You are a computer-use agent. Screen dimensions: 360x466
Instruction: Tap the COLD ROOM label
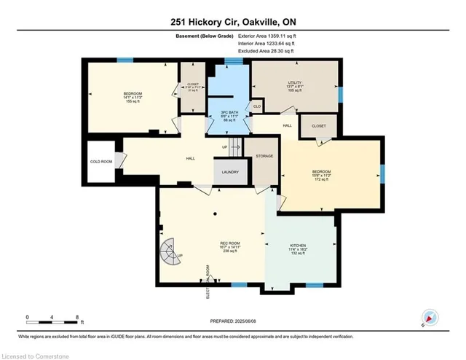100,163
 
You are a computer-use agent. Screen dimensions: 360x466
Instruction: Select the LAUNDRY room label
229,173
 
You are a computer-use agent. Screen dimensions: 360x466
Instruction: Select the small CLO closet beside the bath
257,106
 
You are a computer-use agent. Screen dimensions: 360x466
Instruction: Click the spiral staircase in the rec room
170,255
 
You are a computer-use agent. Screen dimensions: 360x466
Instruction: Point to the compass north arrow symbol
430,317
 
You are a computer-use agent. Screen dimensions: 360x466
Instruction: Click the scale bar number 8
77,318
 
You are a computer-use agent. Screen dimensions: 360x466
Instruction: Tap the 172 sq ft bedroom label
321,176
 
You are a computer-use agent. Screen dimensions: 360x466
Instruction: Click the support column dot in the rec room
216,214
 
